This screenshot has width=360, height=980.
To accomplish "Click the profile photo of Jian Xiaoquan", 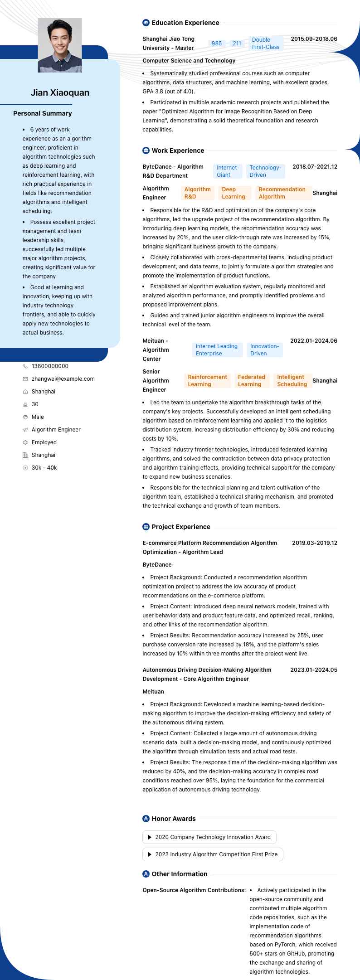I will [x=60, y=45].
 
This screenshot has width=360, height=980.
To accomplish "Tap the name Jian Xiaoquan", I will [x=60, y=92].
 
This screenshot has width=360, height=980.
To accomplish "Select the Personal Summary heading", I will [x=43, y=113].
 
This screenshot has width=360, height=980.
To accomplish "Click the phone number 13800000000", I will [x=50, y=366].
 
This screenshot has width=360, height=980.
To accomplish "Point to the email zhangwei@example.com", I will [x=63, y=379].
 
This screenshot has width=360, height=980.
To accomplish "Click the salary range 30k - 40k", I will [x=44, y=468].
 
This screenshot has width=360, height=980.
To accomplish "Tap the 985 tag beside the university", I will [x=217, y=44].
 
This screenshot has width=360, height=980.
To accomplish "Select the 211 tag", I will [x=237, y=44].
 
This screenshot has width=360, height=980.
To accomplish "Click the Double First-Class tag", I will [x=266, y=44].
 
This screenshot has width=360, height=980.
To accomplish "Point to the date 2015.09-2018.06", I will [x=314, y=39].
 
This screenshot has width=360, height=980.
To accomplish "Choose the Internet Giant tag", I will [x=227, y=171].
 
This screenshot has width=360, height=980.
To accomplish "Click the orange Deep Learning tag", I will [x=234, y=193].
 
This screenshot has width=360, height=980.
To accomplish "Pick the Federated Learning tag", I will [x=251, y=381].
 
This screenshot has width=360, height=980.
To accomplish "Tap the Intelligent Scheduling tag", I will [x=292, y=381].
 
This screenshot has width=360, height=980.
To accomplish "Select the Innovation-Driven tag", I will [x=264, y=350].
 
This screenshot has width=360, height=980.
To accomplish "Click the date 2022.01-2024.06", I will [x=314, y=341].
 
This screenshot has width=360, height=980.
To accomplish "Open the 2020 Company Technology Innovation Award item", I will [x=209, y=837].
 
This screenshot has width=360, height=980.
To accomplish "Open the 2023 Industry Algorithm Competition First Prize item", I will [x=213, y=854].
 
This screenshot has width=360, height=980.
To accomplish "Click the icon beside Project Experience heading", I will [x=146, y=527].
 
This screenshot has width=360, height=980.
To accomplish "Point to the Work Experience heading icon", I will [x=146, y=150].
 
